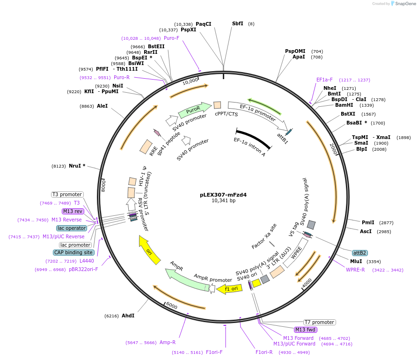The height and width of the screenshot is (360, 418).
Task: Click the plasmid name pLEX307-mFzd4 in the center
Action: coord(223,194)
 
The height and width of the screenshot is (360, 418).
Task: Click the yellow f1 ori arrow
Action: coord(229,289)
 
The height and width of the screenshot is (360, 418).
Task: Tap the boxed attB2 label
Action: coord(359,253)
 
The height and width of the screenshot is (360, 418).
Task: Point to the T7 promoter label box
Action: coord(319,322)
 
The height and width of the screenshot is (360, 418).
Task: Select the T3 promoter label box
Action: coord(67,194)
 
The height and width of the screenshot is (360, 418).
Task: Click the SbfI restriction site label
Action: coord(238,23)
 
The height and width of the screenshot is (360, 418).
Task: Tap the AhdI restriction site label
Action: coord(128,316)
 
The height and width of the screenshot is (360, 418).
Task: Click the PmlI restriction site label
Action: coord(368,222)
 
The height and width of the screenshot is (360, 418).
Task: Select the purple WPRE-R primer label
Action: coord(355,270)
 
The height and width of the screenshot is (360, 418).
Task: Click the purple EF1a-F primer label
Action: coord(324,80)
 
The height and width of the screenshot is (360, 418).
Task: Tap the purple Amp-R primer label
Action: coord(168,342)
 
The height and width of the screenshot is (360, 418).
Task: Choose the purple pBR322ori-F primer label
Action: coord(83,269)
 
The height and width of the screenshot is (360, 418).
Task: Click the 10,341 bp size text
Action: coord(223,200)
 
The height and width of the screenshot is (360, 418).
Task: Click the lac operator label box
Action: coord(72,228)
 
